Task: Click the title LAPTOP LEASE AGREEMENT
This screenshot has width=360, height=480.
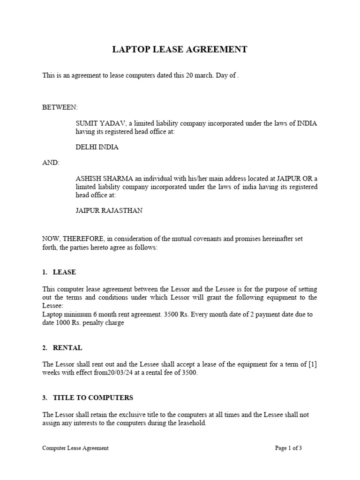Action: coord(180,49)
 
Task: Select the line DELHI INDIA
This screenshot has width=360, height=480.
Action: coord(97,147)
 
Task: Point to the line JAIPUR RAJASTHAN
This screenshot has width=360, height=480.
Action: coord(109,210)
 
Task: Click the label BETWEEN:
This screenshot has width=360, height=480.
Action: coord(60,107)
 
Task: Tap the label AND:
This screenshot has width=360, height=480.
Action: coord(51,163)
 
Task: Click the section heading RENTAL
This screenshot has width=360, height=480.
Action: coord(67,348)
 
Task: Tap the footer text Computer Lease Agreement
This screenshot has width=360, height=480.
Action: coord(75,448)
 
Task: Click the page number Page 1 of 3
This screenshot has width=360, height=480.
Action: coord(288,448)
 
